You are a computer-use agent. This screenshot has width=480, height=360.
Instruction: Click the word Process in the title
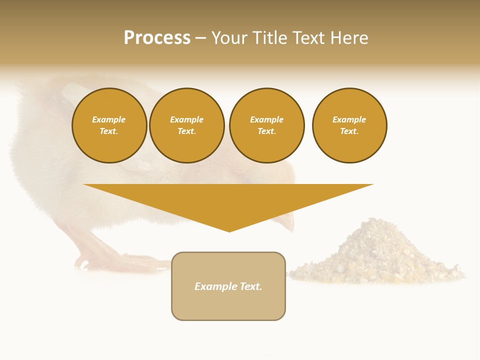coord(157,38)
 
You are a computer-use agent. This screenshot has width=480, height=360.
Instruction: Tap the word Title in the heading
coord(267,38)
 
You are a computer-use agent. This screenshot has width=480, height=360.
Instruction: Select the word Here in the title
coord(348,38)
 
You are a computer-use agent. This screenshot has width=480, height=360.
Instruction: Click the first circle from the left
coord(109,125)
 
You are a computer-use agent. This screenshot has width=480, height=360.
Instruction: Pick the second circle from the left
coord(187,125)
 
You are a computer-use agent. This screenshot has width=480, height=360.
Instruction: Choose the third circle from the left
coord(267,125)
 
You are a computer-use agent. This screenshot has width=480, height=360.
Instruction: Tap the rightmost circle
coord(349,125)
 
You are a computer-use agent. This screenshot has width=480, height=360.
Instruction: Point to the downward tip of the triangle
coord(229,230)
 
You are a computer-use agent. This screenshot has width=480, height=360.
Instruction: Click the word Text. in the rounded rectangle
coord(251,286)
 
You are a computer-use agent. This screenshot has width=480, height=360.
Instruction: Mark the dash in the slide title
coord(201,38)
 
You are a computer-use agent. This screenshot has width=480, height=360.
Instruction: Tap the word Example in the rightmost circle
coord(349,119)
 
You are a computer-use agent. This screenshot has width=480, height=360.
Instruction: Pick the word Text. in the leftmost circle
coord(109,131)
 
